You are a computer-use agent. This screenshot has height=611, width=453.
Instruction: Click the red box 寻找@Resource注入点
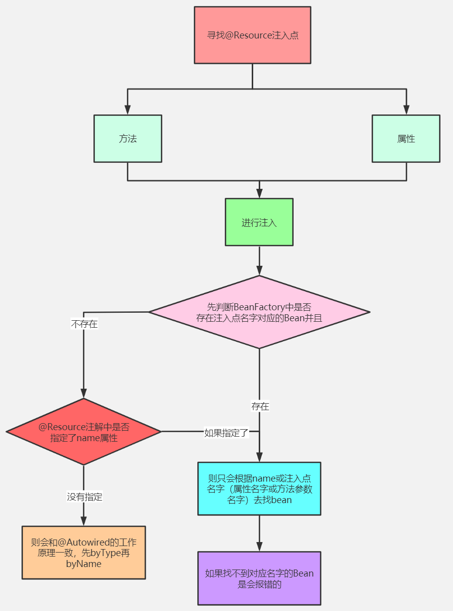(x=252, y=35)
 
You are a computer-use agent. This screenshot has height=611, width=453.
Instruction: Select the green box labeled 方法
(x=127, y=138)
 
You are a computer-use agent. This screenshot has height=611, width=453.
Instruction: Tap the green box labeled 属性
(x=406, y=138)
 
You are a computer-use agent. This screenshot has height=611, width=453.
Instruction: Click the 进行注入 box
(x=259, y=222)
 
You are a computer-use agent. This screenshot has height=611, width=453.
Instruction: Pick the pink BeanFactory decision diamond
(x=259, y=312)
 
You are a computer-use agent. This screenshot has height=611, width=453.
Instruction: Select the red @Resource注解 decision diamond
(x=83, y=432)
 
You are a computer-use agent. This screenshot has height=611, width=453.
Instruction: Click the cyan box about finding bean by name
(x=259, y=489)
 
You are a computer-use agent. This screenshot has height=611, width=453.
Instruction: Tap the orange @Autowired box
(x=83, y=553)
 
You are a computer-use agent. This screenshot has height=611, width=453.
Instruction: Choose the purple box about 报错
(x=259, y=579)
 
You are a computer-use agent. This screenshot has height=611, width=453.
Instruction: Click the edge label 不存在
(x=84, y=324)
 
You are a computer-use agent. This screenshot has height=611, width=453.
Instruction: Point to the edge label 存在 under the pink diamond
(x=260, y=407)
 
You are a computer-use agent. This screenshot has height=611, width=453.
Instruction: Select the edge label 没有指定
(x=84, y=497)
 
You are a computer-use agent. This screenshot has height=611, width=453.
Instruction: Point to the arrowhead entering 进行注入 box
(x=259, y=194)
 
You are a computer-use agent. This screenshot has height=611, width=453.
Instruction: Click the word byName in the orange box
(x=83, y=564)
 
